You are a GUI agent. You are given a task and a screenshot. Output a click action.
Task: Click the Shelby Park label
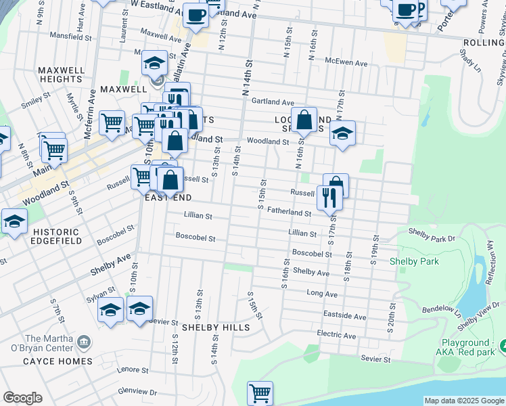pyautogui.click(x=414, y=261)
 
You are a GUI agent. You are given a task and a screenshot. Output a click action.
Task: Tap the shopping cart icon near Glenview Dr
pyautogui.click(x=260, y=392)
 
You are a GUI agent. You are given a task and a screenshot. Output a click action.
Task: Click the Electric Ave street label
pyautogui.click(x=336, y=335)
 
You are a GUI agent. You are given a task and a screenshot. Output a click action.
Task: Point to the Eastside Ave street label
pyautogui.click(x=345, y=316)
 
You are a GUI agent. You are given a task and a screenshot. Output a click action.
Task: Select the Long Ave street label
pyautogui.click(x=322, y=294)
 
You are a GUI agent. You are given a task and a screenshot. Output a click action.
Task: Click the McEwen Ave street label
pyautogui.click(x=346, y=63)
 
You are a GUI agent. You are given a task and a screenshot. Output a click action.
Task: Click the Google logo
pyautogui.click(x=22, y=398)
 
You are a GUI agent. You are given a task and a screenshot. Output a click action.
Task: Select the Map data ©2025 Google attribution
pyautogui.click(x=464, y=401)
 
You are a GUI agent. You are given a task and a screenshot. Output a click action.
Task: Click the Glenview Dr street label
pyautogui.click(x=137, y=392)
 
